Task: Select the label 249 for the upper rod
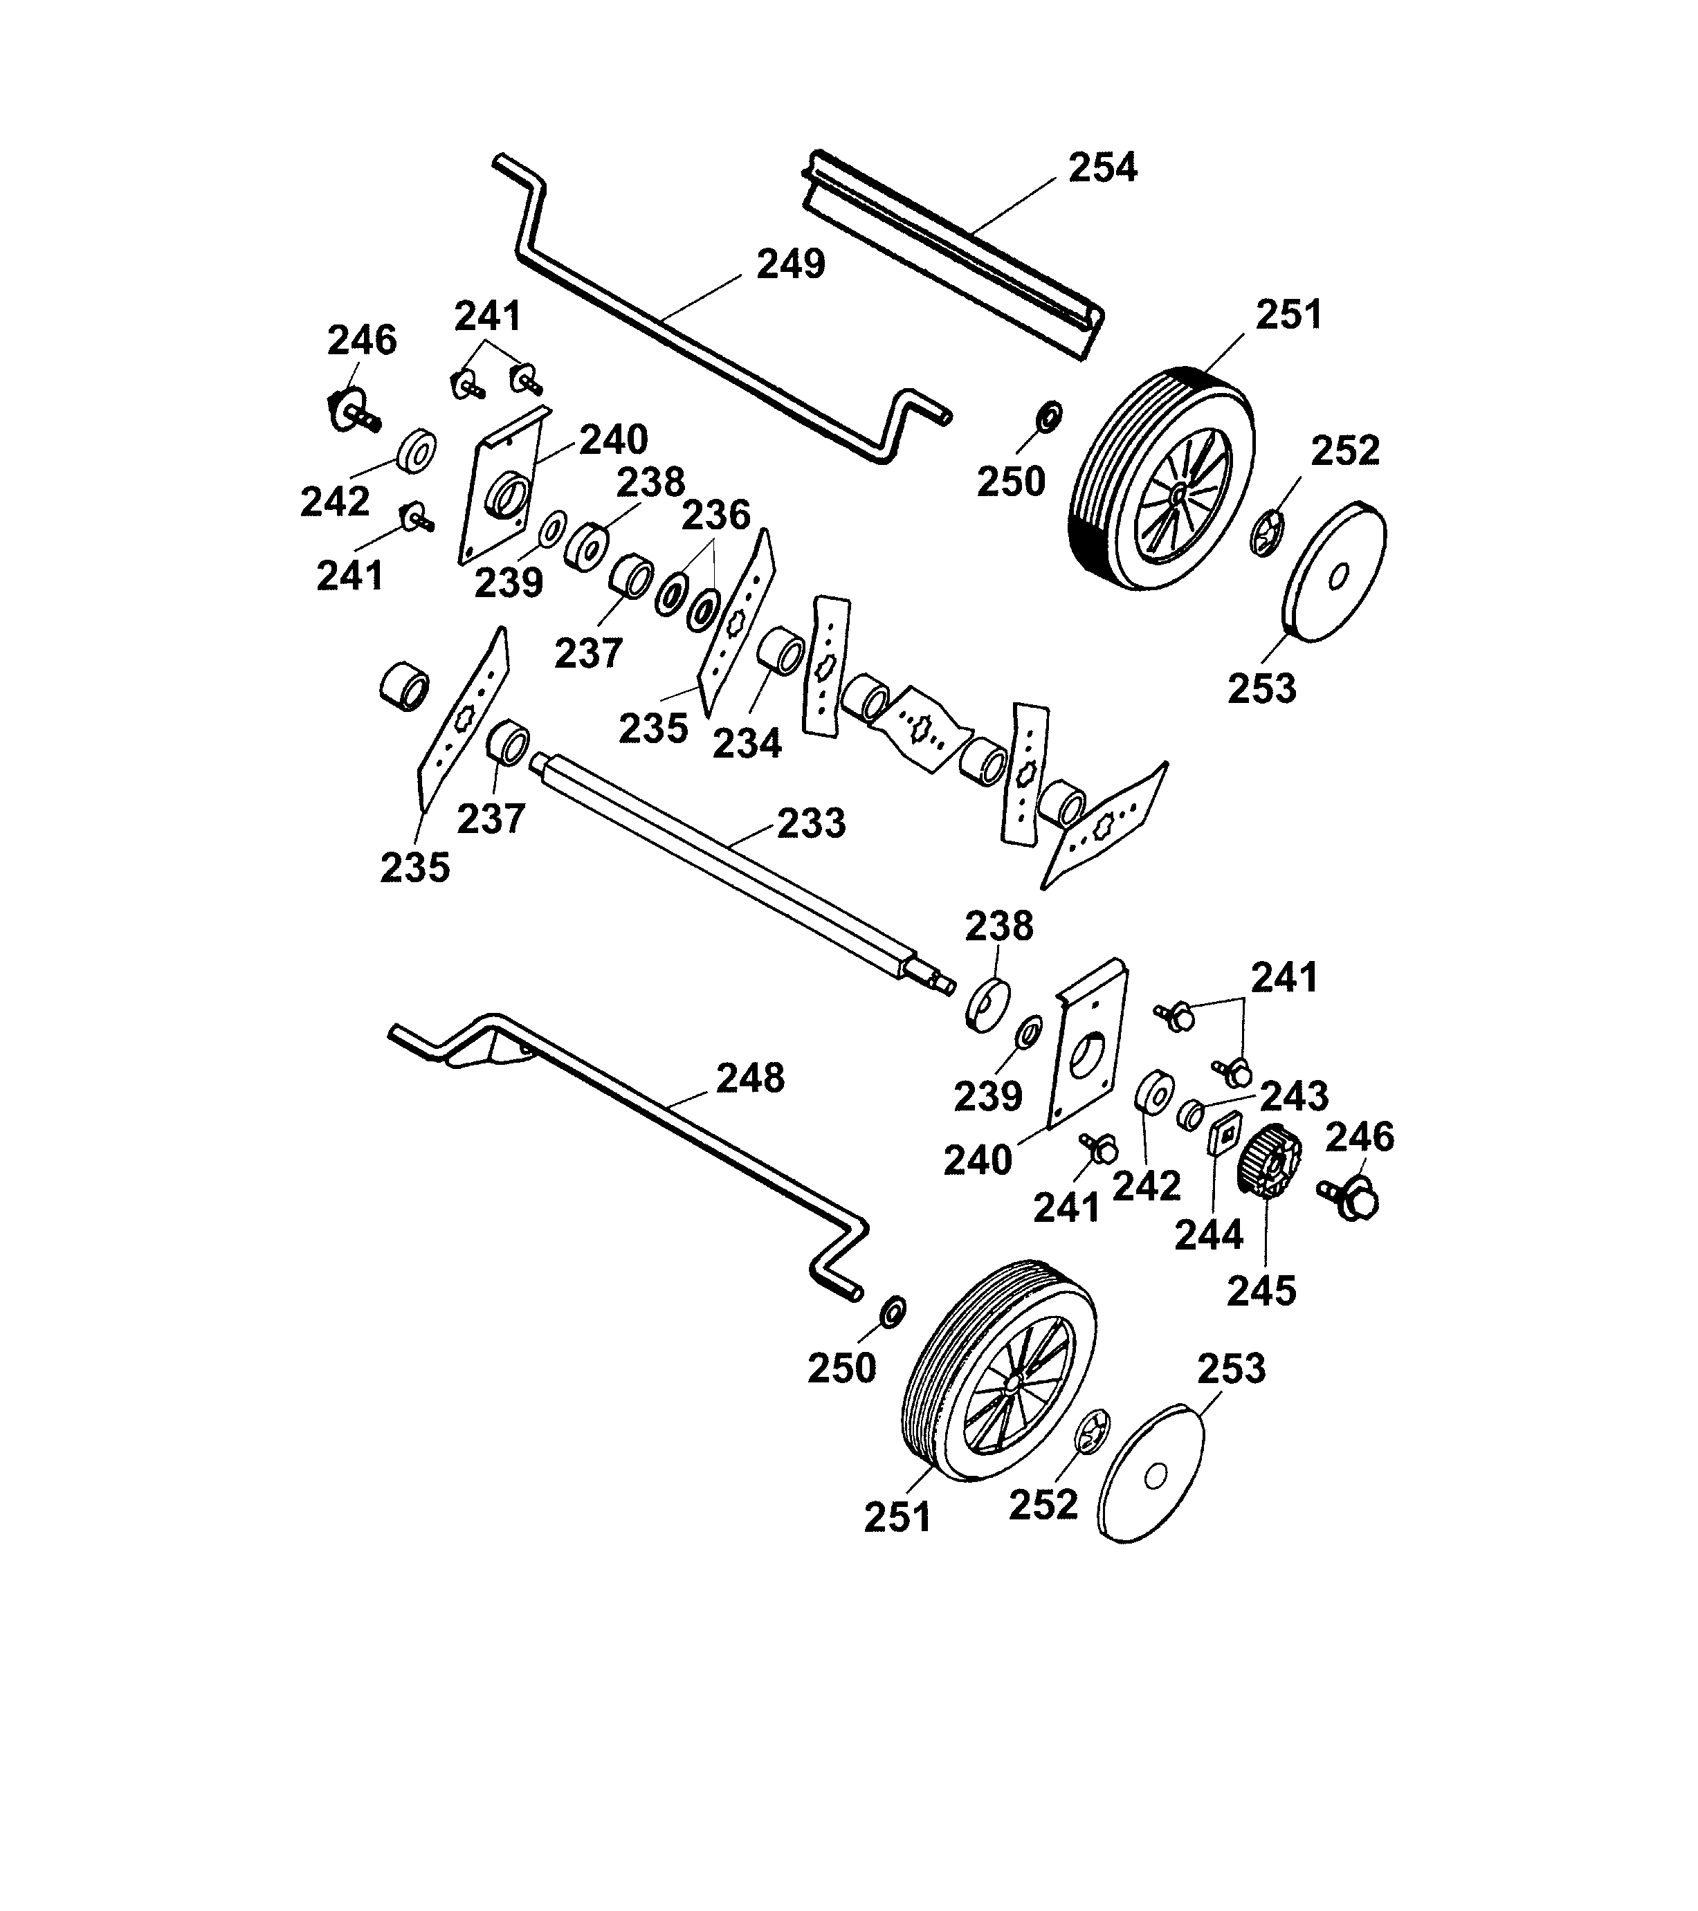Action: tap(790, 264)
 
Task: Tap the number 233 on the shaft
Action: tap(811, 823)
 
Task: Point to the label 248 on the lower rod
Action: tap(750, 1078)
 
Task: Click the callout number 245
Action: tap(1261, 1291)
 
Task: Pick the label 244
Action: tap(1209, 1235)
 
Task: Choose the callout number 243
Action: tap(1294, 1095)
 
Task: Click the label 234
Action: tap(747, 743)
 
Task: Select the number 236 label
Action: tap(715, 514)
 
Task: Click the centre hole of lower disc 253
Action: tap(1156, 1476)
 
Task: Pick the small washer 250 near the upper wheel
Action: tap(1050, 415)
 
